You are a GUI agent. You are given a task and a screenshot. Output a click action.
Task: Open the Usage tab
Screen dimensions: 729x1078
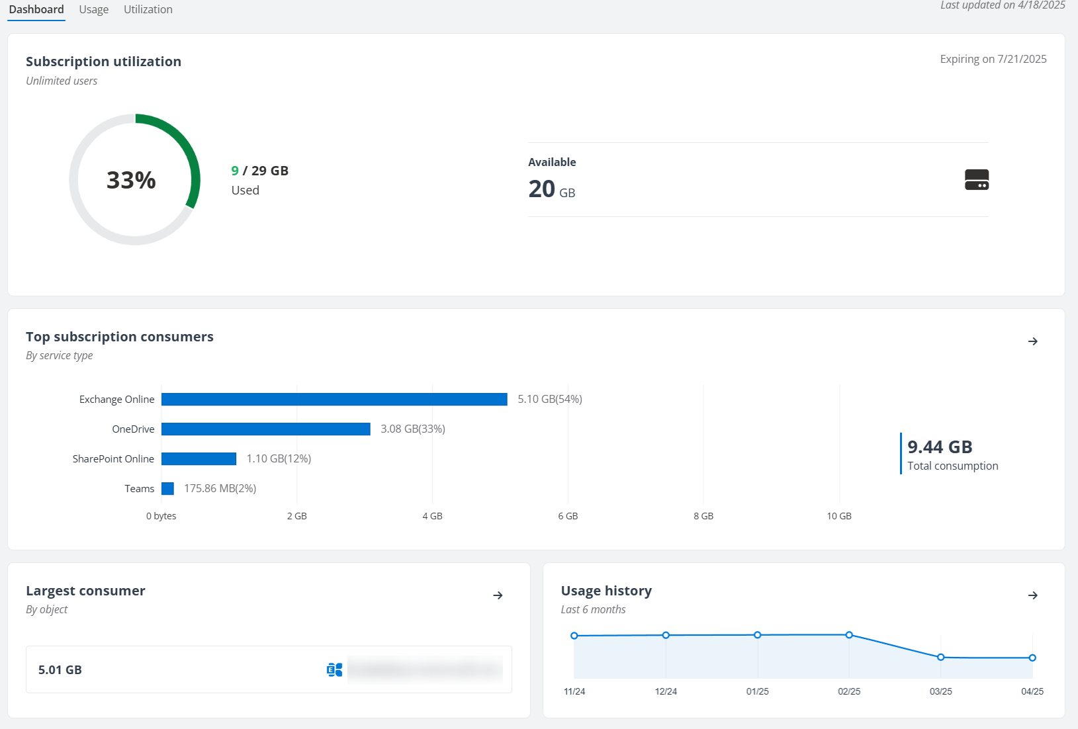coord(93,10)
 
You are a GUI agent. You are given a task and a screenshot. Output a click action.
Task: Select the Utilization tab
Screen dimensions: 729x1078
coord(148,10)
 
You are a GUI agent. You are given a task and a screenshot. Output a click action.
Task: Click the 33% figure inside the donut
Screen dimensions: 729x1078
coord(131,180)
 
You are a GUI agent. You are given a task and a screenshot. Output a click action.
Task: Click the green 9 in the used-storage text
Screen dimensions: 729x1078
coord(235,171)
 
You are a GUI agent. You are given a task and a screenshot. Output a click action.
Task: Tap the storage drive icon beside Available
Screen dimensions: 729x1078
coord(976,180)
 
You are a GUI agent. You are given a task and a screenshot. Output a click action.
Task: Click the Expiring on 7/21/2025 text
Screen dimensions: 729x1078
coord(993,59)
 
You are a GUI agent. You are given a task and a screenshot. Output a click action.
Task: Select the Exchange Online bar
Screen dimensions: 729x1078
coord(334,400)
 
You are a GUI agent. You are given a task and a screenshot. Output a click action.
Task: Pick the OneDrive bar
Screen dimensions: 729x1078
coord(265,429)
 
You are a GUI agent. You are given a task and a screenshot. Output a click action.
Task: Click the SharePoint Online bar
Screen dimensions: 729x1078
coord(199,459)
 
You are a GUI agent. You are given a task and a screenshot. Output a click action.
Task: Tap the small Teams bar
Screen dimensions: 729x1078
coord(167,489)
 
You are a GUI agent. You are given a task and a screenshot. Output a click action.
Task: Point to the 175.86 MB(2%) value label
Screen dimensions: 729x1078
coord(220,489)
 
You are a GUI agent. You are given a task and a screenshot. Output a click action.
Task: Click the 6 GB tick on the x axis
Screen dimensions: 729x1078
coord(568,516)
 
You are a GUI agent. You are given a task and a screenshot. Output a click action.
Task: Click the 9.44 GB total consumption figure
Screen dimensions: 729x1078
coord(940,447)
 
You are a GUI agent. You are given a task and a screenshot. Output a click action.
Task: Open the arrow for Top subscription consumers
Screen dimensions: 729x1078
coord(1032,341)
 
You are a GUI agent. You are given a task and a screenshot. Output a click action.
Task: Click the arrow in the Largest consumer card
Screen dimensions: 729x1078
coord(498,595)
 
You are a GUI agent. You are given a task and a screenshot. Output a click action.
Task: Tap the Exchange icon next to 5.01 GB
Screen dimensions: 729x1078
coord(334,670)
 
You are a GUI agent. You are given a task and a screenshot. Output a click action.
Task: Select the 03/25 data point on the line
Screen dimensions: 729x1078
coord(940,657)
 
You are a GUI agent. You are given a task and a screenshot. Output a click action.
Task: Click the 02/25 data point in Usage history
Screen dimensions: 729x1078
coord(849,635)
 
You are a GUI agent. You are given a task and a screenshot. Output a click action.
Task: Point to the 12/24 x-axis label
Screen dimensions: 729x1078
coord(666,691)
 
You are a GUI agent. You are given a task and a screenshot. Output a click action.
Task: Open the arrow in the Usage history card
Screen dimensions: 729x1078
coord(1032,595)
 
